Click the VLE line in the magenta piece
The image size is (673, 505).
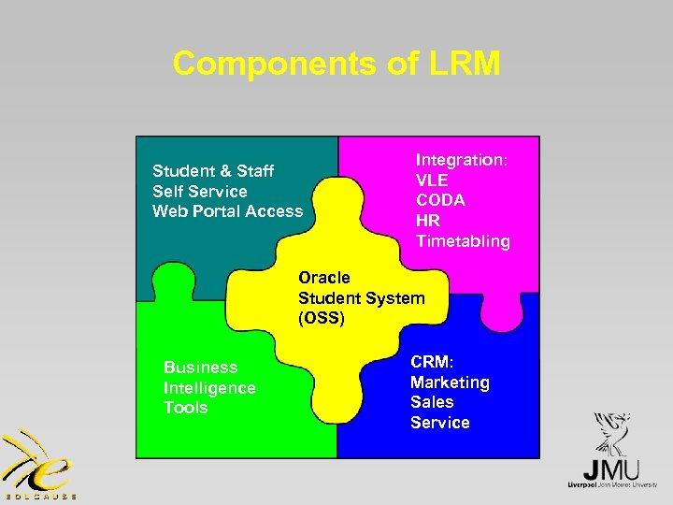(432, 180)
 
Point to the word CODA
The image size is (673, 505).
(440, 200)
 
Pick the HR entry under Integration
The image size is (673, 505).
(427, 221)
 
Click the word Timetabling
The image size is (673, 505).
(463, 241)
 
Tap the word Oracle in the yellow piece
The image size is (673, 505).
(324, 278)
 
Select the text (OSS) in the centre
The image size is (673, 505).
(322, 319)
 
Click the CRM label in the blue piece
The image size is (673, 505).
(430, 361)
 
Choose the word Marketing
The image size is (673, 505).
(450, 382)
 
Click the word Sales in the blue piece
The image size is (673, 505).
(432, 402)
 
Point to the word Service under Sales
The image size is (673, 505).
(439, 423)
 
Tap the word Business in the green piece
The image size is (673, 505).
(200, 368)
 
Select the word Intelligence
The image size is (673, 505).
(209, 388)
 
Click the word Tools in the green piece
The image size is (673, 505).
(185, 408)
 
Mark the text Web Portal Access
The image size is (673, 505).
(227, 211)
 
